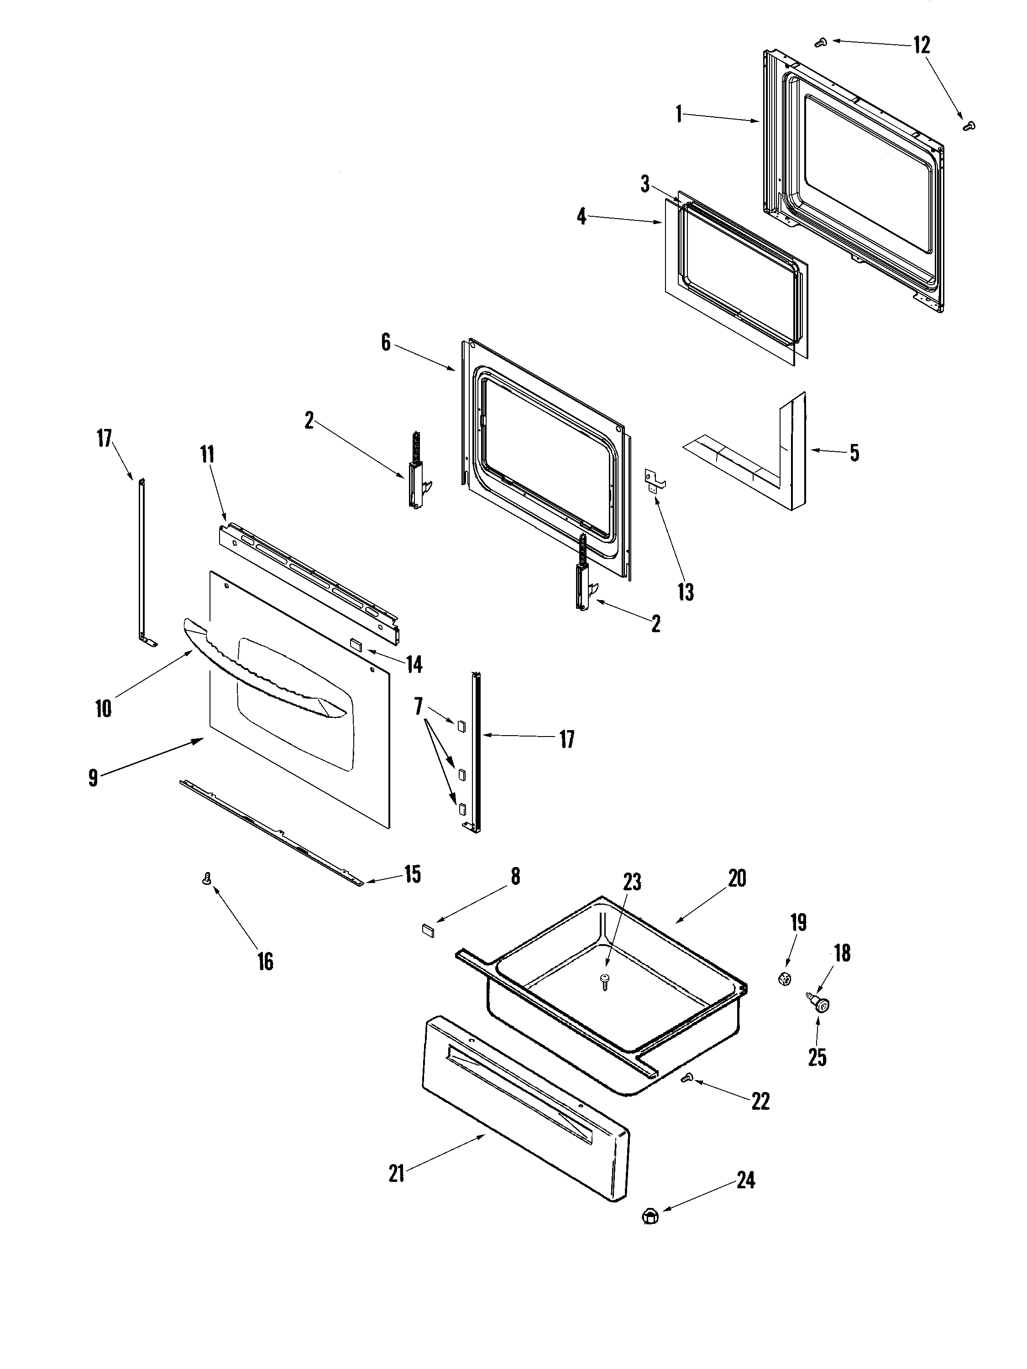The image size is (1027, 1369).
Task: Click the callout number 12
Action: tap(921, 45)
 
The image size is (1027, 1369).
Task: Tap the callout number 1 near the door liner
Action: tap(679, 114)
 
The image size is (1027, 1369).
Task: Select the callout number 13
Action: tap(685, 592)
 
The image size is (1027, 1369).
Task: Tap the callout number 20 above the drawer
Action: tap(737, 878)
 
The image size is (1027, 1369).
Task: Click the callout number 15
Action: tap(412, 874)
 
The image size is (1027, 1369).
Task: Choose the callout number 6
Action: tap(386, 342)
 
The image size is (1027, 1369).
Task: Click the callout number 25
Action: tap(817, 1057)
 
